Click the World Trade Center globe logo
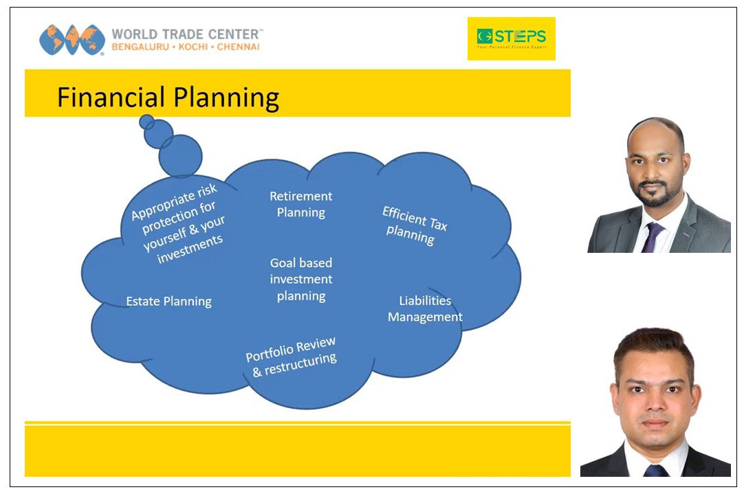point(72,40)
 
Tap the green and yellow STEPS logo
point(511,38)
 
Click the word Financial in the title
point(111,97)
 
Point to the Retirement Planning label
point(300,204)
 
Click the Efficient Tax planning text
point(414,225)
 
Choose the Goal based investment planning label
point(300,279)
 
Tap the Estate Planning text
point(168,302)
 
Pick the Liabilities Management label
point(425,308)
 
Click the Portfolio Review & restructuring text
point(292,357)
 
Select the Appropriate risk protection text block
point(178,223)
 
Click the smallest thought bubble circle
point(146,122)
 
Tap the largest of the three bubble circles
point(180,156)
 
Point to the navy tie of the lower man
point(656,470)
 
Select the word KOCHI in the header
point(193,47)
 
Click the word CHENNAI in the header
point(238,47)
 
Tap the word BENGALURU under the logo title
point(140,47)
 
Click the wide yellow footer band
point(298,451)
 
